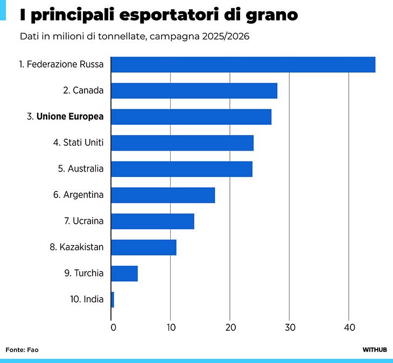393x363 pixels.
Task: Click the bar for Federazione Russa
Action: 243,65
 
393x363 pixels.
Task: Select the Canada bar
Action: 194,91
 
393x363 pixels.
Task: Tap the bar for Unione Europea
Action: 191,117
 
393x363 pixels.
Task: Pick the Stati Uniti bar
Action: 182,143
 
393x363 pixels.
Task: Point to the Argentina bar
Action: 163,195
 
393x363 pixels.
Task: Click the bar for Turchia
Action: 124,273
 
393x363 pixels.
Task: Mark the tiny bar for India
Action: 113,300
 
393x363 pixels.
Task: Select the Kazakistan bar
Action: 144,247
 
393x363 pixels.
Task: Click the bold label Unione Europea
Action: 70,116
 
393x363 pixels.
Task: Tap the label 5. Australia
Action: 81,169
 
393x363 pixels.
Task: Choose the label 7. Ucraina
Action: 83,221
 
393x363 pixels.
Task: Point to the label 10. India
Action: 87,299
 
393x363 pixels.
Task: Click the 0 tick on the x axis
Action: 113,328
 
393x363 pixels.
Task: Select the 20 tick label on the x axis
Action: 230,328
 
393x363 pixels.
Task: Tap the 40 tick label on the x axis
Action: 349,328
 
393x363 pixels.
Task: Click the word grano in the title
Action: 272,16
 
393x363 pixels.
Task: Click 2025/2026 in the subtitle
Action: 226,37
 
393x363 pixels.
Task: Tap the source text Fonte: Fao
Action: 22,350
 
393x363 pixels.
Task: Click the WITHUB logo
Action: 375,350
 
